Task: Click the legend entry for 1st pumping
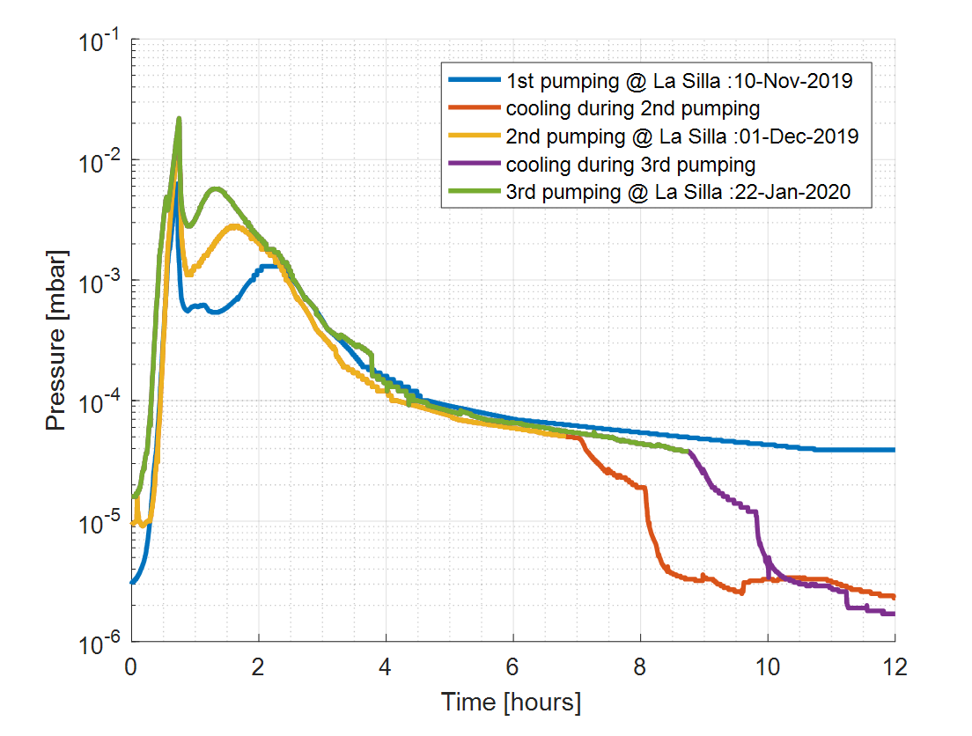tap(679, 83)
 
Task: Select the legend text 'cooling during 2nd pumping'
tap(632, 110)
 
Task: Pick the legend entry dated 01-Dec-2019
tap(682, 137)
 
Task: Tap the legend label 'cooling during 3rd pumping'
tap(630, 165)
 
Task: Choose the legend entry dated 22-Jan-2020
tap(679, 192)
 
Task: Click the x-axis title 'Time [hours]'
tap(511, 703)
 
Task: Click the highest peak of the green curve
tap(179, 119)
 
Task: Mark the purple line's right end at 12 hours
tap(894, 614)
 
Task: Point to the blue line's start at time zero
tap(132, 582)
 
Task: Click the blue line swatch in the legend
tap(473, 83)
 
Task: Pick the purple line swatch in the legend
tap(473, 165)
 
